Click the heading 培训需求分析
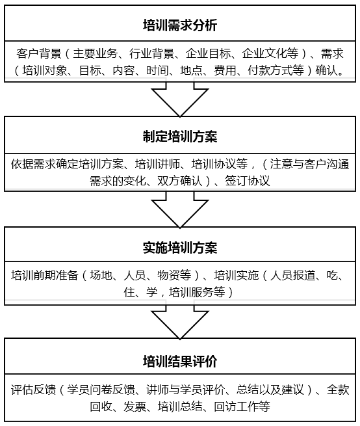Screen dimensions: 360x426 [180, 25]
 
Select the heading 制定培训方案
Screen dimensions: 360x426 [180, 136]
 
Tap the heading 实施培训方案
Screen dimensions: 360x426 [180, 248]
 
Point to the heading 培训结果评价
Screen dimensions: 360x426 [180, 361]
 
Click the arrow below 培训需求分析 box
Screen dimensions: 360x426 [180, 99]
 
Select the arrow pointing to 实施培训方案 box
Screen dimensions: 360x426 [180, 209]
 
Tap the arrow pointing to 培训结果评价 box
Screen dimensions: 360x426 [180, 322]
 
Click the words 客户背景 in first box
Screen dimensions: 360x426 [38, 53]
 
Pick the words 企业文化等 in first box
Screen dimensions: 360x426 [270, 53]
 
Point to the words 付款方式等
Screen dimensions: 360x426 [276, 71]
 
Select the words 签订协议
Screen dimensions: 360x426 [248, 181]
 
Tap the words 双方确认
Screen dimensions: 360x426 [180, 181]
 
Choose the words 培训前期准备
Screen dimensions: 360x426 [45, 276]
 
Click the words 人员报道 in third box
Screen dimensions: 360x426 [292, 276]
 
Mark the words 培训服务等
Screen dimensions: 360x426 [197, 292]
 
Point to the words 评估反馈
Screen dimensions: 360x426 [33, 390]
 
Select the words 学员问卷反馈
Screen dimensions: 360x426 [101, 390]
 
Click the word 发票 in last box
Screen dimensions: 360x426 [135, 406]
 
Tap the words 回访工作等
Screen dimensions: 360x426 [242, 406]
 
